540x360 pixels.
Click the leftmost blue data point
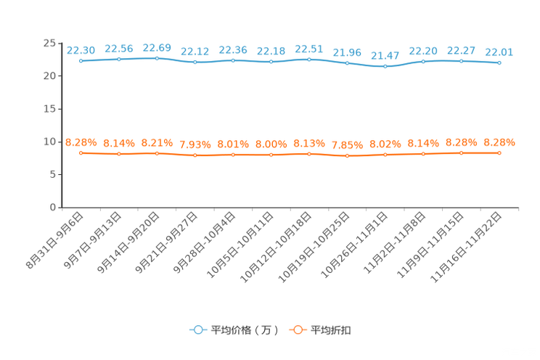coord(81,61)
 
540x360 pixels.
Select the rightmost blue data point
coord(499,63)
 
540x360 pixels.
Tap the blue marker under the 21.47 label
coord(385,67)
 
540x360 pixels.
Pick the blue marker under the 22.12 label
coord(195,62)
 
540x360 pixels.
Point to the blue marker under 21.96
coord(347,63)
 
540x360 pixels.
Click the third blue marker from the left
coord(157,58)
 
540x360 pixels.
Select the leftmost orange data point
coord(81,152)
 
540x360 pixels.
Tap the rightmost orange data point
coord(499,152)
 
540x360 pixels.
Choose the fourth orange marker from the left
coord(195,155)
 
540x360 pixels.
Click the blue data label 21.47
coord(385,55)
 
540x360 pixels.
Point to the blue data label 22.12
coord(195,51)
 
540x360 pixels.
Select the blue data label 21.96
coord(347,52)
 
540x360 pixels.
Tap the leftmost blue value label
coord(81,49)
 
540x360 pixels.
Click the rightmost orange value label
coord(499,142)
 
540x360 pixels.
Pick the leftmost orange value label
coord(81,142)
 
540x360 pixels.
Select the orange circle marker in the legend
coord(297,330)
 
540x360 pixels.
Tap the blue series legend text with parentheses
coord(245,330)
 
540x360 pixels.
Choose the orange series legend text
coord(332,330)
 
